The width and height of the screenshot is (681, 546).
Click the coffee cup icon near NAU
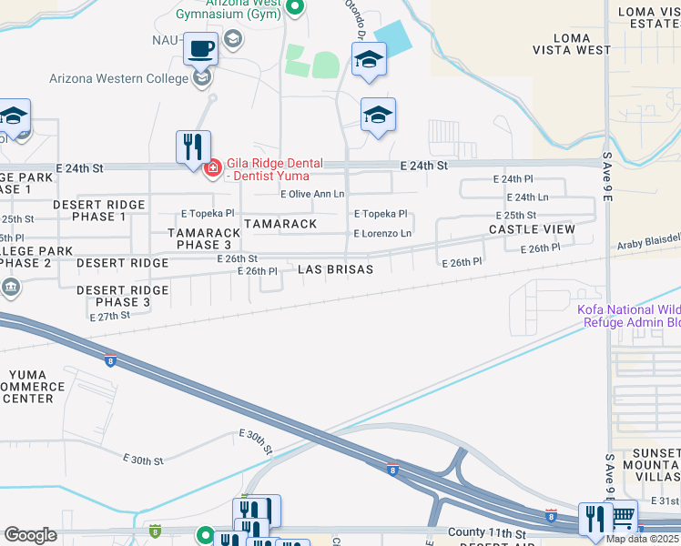(x=200, y=47)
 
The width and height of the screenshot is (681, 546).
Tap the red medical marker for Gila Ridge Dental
(x=213, y=168)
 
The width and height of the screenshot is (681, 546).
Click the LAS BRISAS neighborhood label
(x=336, y=270)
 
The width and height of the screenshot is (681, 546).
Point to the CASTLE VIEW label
(x=532, y=229)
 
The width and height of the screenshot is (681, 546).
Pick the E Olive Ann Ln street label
(x=312, y=194)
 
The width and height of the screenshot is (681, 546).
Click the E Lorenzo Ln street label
(x=382, y=234)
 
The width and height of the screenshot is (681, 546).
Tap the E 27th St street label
(x=110, y=316)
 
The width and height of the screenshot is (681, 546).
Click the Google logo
(x=30, y=535)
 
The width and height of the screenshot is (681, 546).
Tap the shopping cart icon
(x=623, y=518)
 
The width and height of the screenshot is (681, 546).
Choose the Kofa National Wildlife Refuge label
(x=628, y=316)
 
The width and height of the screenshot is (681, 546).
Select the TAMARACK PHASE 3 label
(x=204, y=238)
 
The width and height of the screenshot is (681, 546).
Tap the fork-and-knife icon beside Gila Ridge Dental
(x=193, y=146)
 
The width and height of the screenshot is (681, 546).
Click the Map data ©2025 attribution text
(x=643, y=539)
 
